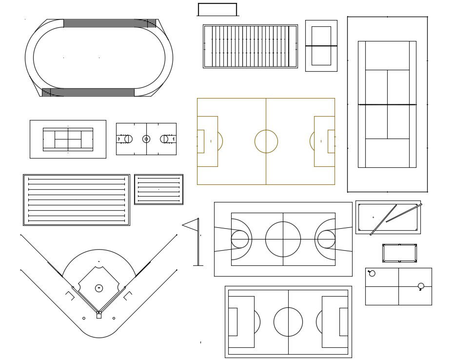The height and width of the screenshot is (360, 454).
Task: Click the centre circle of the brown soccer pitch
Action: coord(266,141)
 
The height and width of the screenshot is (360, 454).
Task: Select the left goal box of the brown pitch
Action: coord(200,141)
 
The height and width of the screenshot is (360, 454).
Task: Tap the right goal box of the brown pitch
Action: coord(331,141)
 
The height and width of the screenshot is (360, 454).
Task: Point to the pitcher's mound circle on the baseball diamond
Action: coord(99,288)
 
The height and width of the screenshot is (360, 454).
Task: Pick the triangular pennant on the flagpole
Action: coord(191,225)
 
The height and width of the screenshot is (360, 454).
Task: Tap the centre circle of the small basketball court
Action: coord(146,139)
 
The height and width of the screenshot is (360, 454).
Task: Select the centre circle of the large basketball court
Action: coord(283,240)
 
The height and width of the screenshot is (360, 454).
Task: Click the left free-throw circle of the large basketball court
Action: coord(239,240)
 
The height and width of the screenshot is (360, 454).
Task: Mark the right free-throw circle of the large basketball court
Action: coord(326,240)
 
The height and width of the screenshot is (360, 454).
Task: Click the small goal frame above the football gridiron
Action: coord(217,9)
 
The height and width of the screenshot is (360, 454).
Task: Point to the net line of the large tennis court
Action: coord(387,104)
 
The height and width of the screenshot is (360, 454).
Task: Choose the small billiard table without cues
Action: coord(399,253)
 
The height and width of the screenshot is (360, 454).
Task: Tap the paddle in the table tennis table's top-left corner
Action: coord(372,273)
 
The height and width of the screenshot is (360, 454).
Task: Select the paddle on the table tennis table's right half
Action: coord(421,286)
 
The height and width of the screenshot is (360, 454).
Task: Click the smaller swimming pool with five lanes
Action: coord(158,189)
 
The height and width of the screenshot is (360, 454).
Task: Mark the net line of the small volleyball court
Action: coord(321,46)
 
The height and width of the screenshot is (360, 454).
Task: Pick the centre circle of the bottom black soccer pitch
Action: coord(288,322)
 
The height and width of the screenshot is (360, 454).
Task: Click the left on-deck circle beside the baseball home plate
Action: coord(84,319)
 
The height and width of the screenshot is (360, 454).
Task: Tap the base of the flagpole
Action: coord(198,265)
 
